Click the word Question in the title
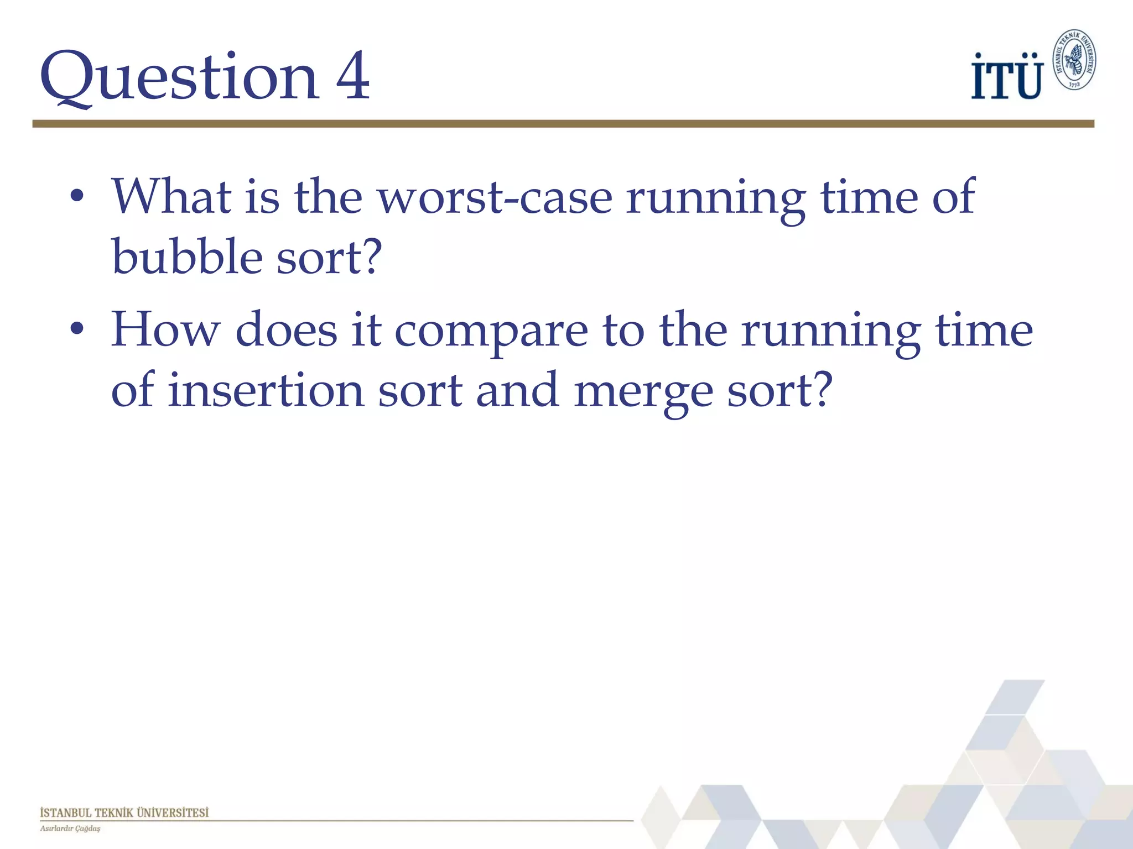point(180,77)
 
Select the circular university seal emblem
point(1074,60)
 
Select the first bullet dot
point(77,197)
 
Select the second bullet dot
point(77,329)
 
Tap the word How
point(165,330)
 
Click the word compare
point(491,332)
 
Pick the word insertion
point(266,390)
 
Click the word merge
point(643,392)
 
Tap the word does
point(287,330)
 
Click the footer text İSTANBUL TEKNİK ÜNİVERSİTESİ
point(124,813)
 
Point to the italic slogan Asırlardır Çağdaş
point(70,829)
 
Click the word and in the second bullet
point(517,390)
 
